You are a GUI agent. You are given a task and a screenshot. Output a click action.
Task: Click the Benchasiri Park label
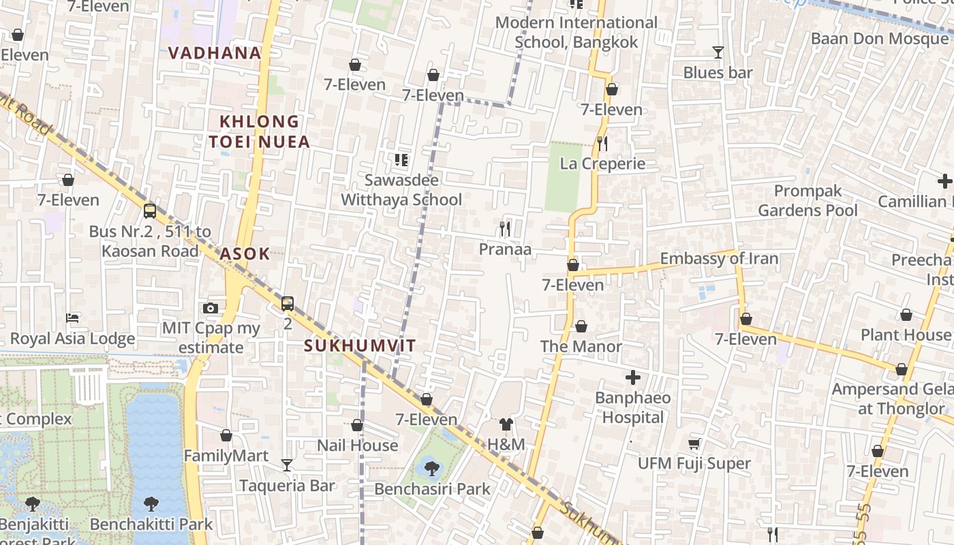click(x=432, y=488)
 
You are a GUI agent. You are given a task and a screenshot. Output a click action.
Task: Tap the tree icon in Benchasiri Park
click(x=431, y=468)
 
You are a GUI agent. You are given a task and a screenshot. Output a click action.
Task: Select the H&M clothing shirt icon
click(x=506, y=425)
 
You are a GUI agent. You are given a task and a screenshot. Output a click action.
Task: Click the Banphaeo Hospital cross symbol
click(x=633, y=377)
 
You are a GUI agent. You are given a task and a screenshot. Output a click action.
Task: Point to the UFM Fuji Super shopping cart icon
click(x=694, y=444)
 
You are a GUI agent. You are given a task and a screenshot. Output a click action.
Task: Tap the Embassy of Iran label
click(x=719, y=259)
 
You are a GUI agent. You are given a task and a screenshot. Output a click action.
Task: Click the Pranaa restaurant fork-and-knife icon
click(x=505, y=229)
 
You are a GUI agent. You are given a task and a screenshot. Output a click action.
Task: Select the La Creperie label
click(x=602, y=163)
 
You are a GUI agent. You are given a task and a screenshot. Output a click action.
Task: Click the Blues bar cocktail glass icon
click(x=718, y=52)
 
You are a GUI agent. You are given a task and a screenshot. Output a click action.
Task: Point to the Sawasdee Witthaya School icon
click(x=401, y=160)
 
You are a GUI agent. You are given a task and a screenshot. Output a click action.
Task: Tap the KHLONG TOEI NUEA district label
click(x=260, y=131)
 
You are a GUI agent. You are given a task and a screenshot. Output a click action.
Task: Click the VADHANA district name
click(x=215, y=53)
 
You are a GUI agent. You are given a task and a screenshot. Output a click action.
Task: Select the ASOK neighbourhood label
click(x=245, y=254)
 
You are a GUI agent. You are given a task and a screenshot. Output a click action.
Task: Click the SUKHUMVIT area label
click(x=360, y=345)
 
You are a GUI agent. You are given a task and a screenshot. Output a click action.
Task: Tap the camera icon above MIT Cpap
click(x=211, y=308)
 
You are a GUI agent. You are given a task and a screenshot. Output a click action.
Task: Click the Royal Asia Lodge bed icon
click(x=72, y=318)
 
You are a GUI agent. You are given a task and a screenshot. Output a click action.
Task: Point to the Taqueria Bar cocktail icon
click(x=287, y=465)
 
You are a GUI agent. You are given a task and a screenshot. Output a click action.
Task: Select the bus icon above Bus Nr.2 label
click(x=150, y=211)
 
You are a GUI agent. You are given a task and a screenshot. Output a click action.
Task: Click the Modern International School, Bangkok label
click(x=576, y=32)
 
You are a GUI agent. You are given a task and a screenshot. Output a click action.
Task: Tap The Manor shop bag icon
click(x=581, y=327)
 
